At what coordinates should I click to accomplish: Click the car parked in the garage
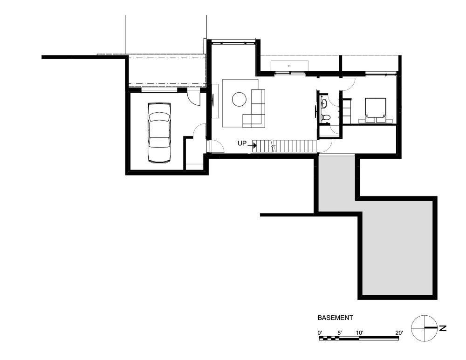click(158, 133)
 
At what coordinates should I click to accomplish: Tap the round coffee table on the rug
click(240, 99)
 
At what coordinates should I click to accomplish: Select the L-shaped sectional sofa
click(255, 110)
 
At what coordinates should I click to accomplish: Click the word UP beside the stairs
click(242, 144)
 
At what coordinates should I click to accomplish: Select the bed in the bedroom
click(375, 110)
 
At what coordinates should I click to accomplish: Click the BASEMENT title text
click(335, 318)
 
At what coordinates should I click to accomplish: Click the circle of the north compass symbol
click(424, 328)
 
